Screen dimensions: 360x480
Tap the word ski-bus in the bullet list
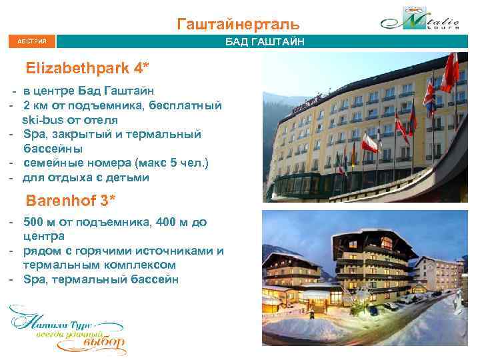pos(43,120)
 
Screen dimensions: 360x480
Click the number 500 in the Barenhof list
pos(34,222)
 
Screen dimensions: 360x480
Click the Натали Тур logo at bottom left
pos(67,329)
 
